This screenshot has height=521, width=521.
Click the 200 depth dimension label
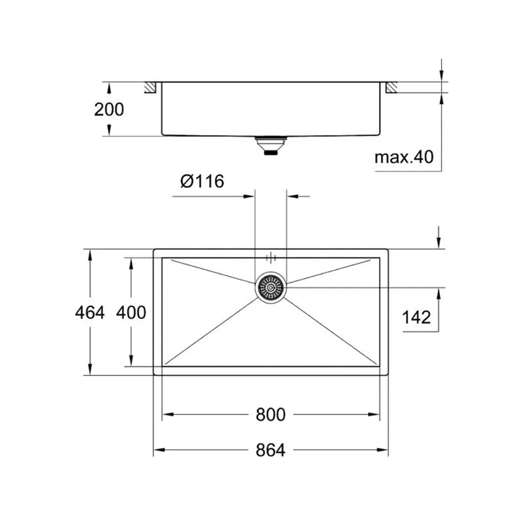[109, 109]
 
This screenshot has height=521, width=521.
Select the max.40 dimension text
[404, 156]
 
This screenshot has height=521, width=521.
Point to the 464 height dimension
[90, 312]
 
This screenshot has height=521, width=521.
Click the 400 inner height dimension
[130, 312]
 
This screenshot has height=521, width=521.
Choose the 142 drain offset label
[417, 316]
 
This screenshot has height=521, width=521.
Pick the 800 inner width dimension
[270, 415]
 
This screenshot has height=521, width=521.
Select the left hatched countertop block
[151, 87]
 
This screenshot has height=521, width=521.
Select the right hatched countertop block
[391, 87]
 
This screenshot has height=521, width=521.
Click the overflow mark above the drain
[271, 257]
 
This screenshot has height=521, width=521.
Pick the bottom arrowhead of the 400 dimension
[130, 362]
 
